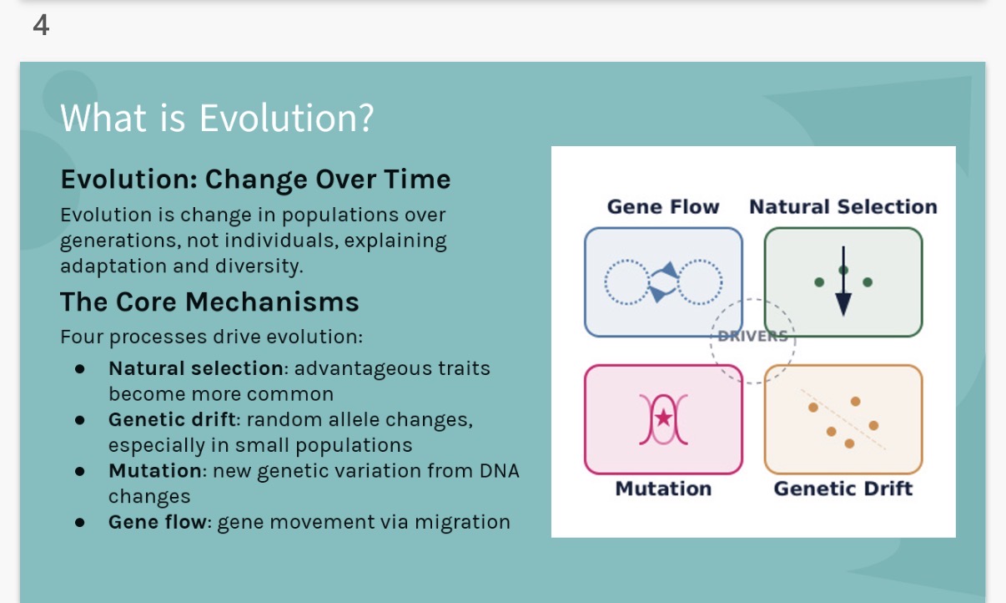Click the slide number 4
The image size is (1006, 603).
point(41,26)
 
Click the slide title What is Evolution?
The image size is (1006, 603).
point(217,118)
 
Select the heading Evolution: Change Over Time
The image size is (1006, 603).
point(255,180)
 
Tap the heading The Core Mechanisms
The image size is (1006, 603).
point(209,301)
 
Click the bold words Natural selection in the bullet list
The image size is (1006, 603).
point(196,368)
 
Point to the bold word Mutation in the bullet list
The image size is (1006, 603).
point(155,470)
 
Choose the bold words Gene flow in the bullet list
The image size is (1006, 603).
point(157,522)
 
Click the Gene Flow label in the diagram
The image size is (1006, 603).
point(662,207)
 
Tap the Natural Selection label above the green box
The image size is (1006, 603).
point(843,207)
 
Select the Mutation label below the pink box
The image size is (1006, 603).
point(663,489)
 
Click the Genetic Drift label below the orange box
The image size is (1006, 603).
point(843,489)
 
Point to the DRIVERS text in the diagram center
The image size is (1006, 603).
point(753,337)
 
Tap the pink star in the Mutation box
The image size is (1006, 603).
point(663,418)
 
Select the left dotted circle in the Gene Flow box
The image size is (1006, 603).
point(625,282)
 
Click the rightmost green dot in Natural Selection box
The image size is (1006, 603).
point(868,282)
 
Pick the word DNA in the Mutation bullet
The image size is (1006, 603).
point(499,470)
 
